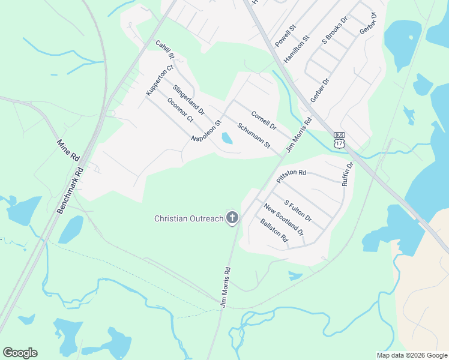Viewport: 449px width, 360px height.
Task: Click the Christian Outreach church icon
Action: click(x=232, y=218)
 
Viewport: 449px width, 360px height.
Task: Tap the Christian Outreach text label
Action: click(x=188, y=219)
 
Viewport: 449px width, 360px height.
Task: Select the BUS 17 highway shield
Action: click(x=340, y=140)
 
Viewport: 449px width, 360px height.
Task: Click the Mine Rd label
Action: click(x=68, y=150)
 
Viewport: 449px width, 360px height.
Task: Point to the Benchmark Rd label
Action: click(x=71, y=188)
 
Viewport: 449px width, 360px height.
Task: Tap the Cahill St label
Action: click(x=164, y=50)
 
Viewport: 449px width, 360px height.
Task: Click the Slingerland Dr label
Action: click(x=188, y=100)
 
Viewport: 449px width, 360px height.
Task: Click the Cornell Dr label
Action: click(x=263, y=121)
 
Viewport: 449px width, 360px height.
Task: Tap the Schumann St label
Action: click(x=253, y=136)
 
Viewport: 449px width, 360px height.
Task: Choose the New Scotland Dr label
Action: click(x=283, y=219)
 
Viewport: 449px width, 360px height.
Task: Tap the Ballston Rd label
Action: click(x=274, y=230)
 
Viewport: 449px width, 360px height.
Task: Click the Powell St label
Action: click(x=286, y=37)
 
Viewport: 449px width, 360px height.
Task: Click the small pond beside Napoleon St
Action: click(x=227, y=139)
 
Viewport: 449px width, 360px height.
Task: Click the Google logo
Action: click(x=20, y=353)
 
